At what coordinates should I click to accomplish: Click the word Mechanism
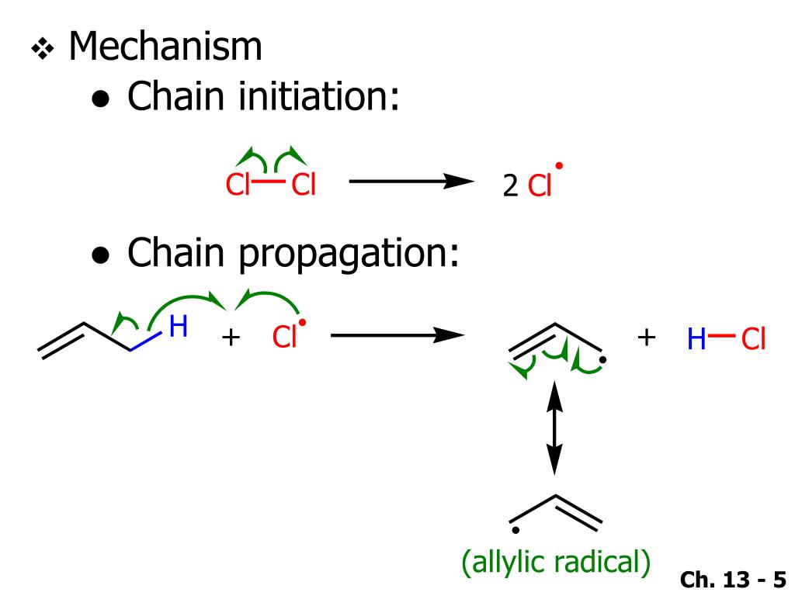pyautogui.click(x=165, y=47)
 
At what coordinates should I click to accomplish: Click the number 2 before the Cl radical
pyautogui.click(x=510, y=186)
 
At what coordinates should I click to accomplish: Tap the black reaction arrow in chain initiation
pyautogui.click(x=411, y=182)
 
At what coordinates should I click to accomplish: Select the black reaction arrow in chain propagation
pyautogui.click(x=397, y=336)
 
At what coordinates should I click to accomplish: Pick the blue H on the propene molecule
pyautogui.click(x=178, y=327)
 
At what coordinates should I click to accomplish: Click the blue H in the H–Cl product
pyautogui.click(x=697, y=339)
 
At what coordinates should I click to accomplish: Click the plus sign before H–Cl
pyautogui.click(x=647, y=338)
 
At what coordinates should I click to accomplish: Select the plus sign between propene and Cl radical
pyautogui.click(x=230, y=338)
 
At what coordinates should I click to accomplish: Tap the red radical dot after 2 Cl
pyautogui.click(x=559, y=165)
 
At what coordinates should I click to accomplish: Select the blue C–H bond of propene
pyautogui.click(x=145, y=342)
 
